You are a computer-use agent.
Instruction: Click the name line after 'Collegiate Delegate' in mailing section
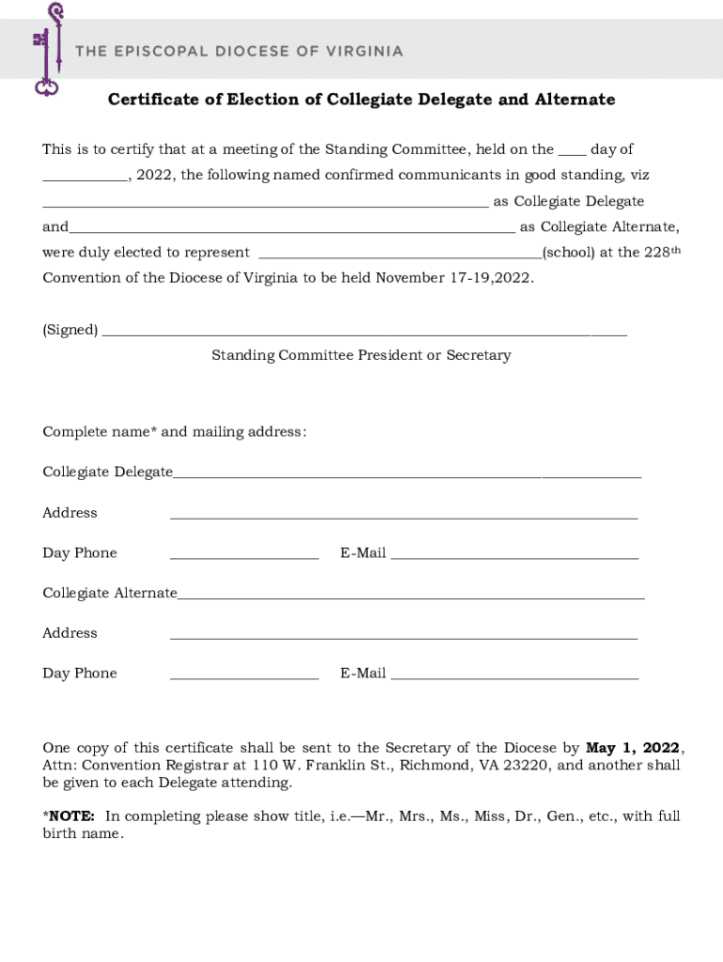coord(407,476)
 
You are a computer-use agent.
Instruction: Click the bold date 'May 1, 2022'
coord(632,748)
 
